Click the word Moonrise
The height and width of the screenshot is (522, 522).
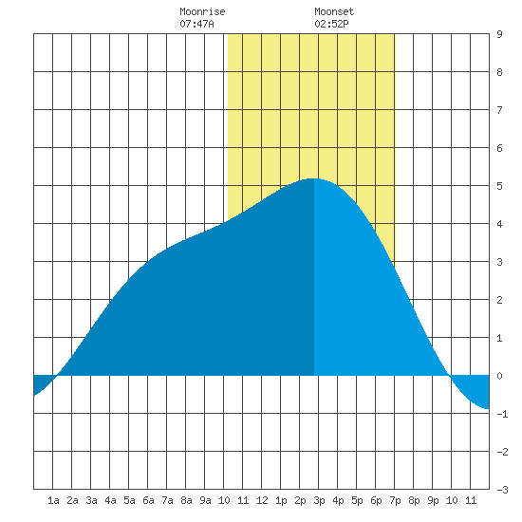point(202,11)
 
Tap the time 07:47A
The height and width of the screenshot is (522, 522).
point(196,24)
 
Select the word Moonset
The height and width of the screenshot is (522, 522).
point(334,11)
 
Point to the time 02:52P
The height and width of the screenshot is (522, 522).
point(331,24)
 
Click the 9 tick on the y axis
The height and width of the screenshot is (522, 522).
point(499,34)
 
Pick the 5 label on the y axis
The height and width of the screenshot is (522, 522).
point(499,186)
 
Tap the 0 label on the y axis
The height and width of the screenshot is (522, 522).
point(499,376)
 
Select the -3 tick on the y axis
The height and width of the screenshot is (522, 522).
point(502,490)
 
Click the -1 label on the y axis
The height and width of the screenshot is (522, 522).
point(502,414)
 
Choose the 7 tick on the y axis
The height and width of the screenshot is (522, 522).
point(499,110)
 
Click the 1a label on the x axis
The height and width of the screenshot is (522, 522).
point(53,500)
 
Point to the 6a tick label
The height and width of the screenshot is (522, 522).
point(148,500)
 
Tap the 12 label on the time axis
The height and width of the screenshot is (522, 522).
point(262,500)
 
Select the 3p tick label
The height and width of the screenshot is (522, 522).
point(319,501)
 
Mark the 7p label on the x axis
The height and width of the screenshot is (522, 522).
point(395,501)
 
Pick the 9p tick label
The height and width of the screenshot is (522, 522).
point(433,501)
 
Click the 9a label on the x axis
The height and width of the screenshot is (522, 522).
point(205,500)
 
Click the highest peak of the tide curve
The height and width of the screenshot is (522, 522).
point(312,178)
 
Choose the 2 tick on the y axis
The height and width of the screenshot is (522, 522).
point(499,300)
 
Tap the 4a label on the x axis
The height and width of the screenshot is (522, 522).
point(110,500)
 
